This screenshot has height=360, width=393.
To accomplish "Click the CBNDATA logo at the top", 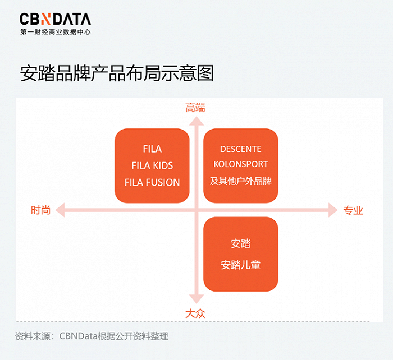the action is pyautogui.click(x=55, y=19).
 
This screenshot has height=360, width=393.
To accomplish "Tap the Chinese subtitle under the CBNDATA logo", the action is pyautogui.click(x=56, y=32).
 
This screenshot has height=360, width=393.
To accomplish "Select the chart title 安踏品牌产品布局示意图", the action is pyautogui.click(x=117, y=73).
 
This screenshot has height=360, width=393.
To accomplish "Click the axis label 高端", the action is pyautogui.click(x=195, y=108).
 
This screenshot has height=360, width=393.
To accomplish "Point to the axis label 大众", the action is pyautogui.click(x=195, y=313).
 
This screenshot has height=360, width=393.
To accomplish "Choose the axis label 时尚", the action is pyautogui.click(x=40, y=210).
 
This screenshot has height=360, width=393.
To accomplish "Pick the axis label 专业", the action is pyautogui.click(x=353, y=210).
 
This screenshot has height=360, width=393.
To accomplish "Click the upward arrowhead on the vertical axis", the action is pyautogui.click(x=196, y=121).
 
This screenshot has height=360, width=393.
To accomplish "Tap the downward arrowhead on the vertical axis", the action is pyautogui.click(x=196, y=299).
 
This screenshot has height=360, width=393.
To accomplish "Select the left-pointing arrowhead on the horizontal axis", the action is pyautogui.click(x=60, y=210).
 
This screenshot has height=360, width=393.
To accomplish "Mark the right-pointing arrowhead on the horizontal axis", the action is pyautogui.click(x=333, y=210).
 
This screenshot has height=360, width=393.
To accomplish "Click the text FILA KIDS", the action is pyautogui.click(x=152, y=165).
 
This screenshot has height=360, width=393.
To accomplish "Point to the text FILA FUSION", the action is pyautogui.click(x=152, y=182).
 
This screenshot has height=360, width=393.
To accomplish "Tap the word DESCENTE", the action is pyautogui.click(x=241, y=149).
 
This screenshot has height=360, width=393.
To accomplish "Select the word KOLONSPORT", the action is pyautogui.click(x=241, y=164).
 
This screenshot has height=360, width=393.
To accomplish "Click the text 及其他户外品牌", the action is pyautogui.click(x=241, y=181).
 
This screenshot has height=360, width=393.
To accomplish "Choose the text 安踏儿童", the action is pyautogui.click(x=241, y=265).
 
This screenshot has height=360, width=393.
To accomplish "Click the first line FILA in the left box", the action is pyautogui.click(x=152, y=149).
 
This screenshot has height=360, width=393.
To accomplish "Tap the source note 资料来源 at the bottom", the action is pyautogui.click(x=92, y=336).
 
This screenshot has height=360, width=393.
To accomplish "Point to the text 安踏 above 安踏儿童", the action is pyautogui.click(x=241, y=243).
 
